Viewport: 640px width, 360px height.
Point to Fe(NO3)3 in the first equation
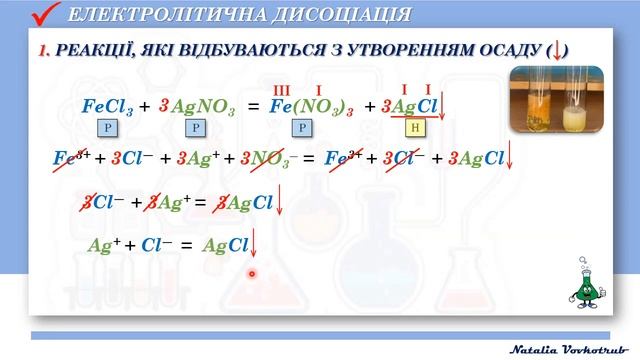[x=311, y=107]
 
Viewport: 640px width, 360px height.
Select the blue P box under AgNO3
[x=196, y=128]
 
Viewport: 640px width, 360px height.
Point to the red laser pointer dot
[x=252, y=272]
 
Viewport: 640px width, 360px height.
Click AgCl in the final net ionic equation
[x=225, y=245]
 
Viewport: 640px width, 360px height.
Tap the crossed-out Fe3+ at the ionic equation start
[x=72, y=158]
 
